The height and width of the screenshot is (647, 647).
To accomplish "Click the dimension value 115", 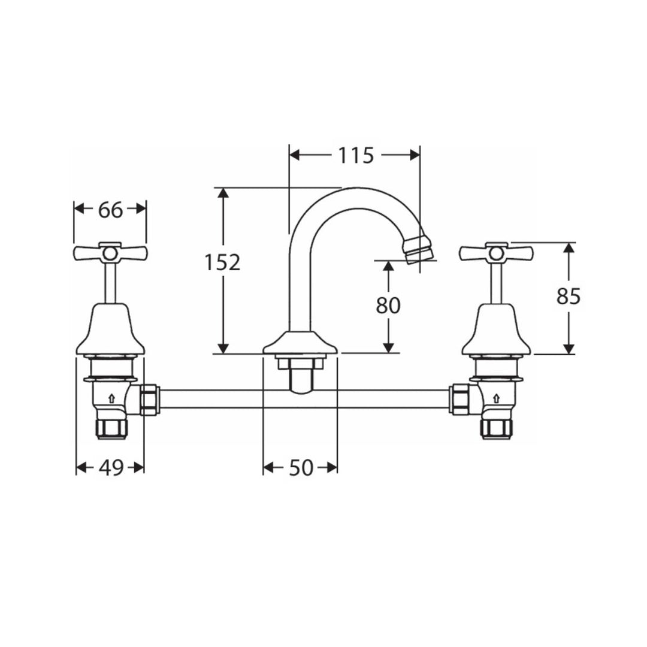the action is [x=356, y=155].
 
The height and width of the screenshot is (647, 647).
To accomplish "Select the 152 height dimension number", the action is [x=222, y=262].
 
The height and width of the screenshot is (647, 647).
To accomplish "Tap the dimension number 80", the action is [x=388, y=306].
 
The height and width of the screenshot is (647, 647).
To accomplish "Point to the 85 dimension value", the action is [x=569, y=296].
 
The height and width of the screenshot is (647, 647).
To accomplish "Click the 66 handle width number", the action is [x=110, y=210].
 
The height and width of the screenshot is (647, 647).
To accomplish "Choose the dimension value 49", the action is [x=111, y=467].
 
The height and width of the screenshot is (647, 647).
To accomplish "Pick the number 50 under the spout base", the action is [x=301, y=467].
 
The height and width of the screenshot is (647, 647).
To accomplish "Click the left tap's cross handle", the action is [x=110, y=253].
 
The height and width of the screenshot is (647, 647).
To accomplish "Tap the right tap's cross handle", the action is [x=497, y=253].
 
